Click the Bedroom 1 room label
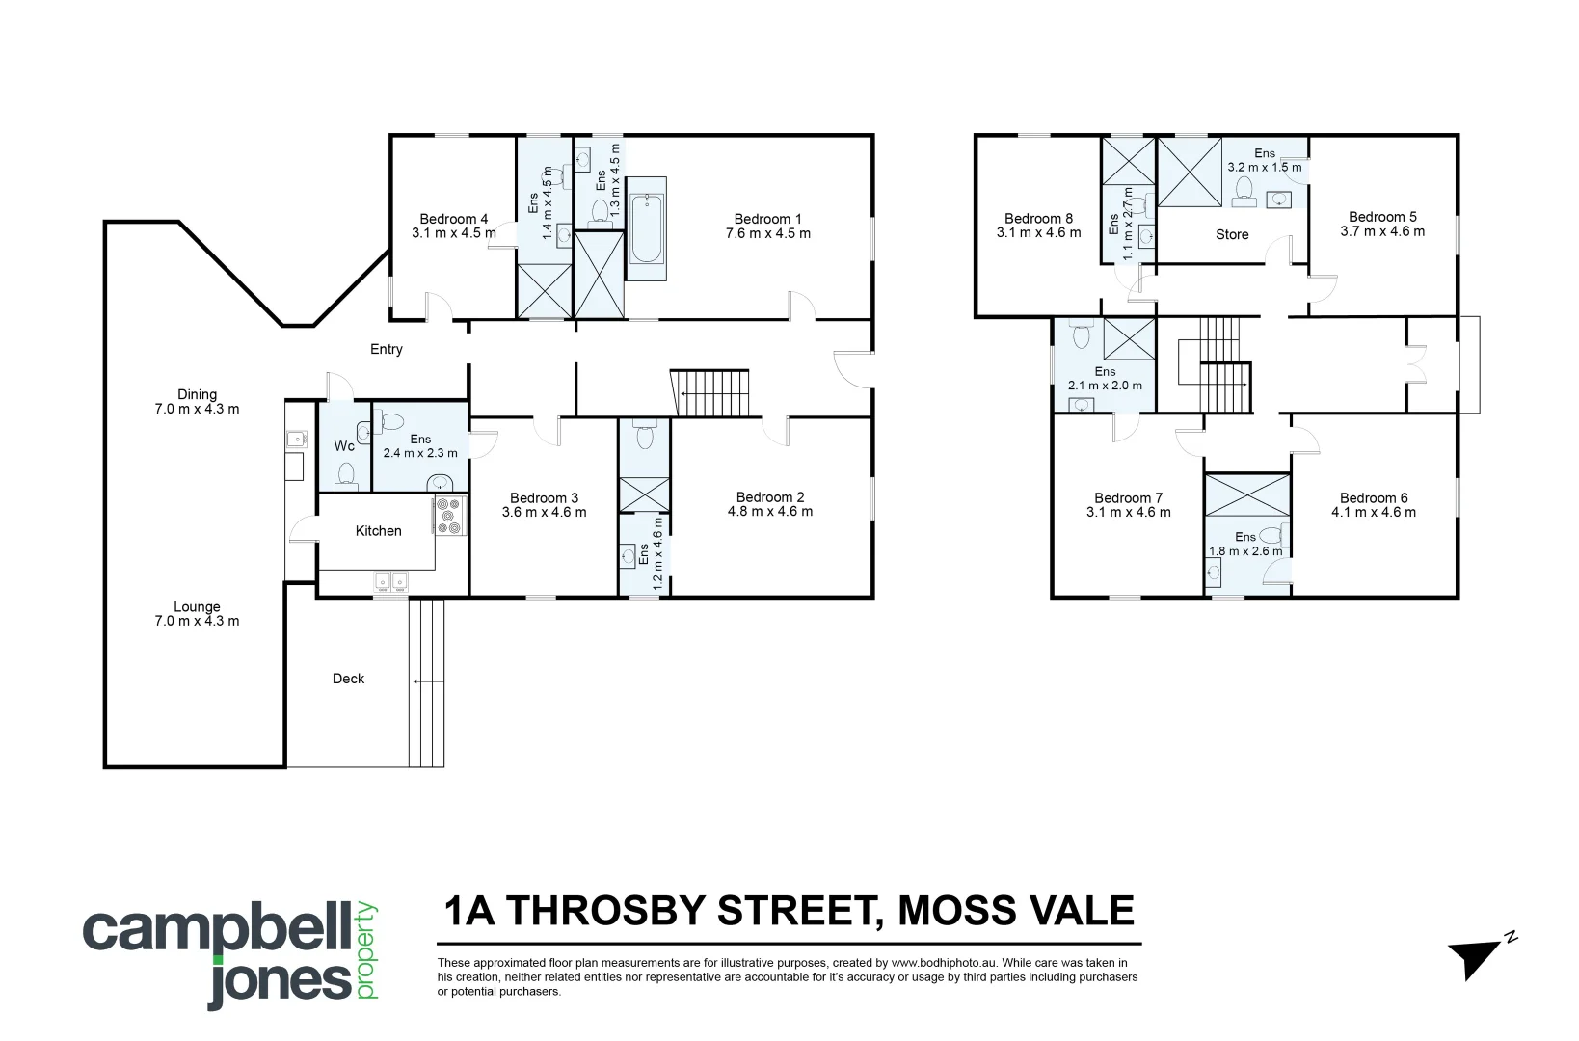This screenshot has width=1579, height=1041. click(x=767, y=219)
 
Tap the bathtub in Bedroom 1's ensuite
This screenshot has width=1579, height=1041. click(x=646, y=228)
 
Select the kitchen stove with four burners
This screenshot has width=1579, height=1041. click(x=449, y=516)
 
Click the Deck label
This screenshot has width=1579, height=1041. click(x=348, y=679)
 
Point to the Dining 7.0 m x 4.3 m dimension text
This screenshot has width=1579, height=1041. click(x=197, y=409)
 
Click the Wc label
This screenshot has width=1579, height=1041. click(x=344, y=446)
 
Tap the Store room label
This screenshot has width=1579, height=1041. click(x=1232, y=234)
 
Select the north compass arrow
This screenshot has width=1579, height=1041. click(x=1478, y=956)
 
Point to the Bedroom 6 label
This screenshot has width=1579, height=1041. click(x=1374, y=497)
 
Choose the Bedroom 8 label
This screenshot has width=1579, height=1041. click(x=1038, y=218)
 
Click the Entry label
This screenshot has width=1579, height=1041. click(x=387, y=349)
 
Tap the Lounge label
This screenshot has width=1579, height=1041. click(x=197, y=606)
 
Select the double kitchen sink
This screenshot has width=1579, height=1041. click(x=391, y=580)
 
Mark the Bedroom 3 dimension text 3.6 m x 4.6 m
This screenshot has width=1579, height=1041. click(x=544, y=513)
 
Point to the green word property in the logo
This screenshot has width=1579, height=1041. click(x=367, y=950)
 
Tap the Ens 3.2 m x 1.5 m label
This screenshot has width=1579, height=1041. click(x=1264, y=160)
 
